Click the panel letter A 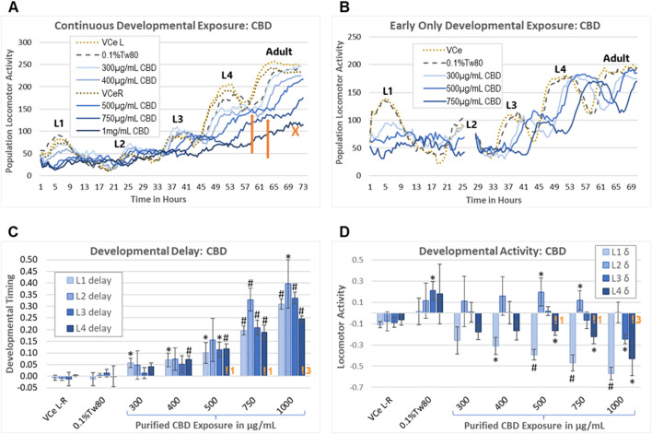pos(8,8)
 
